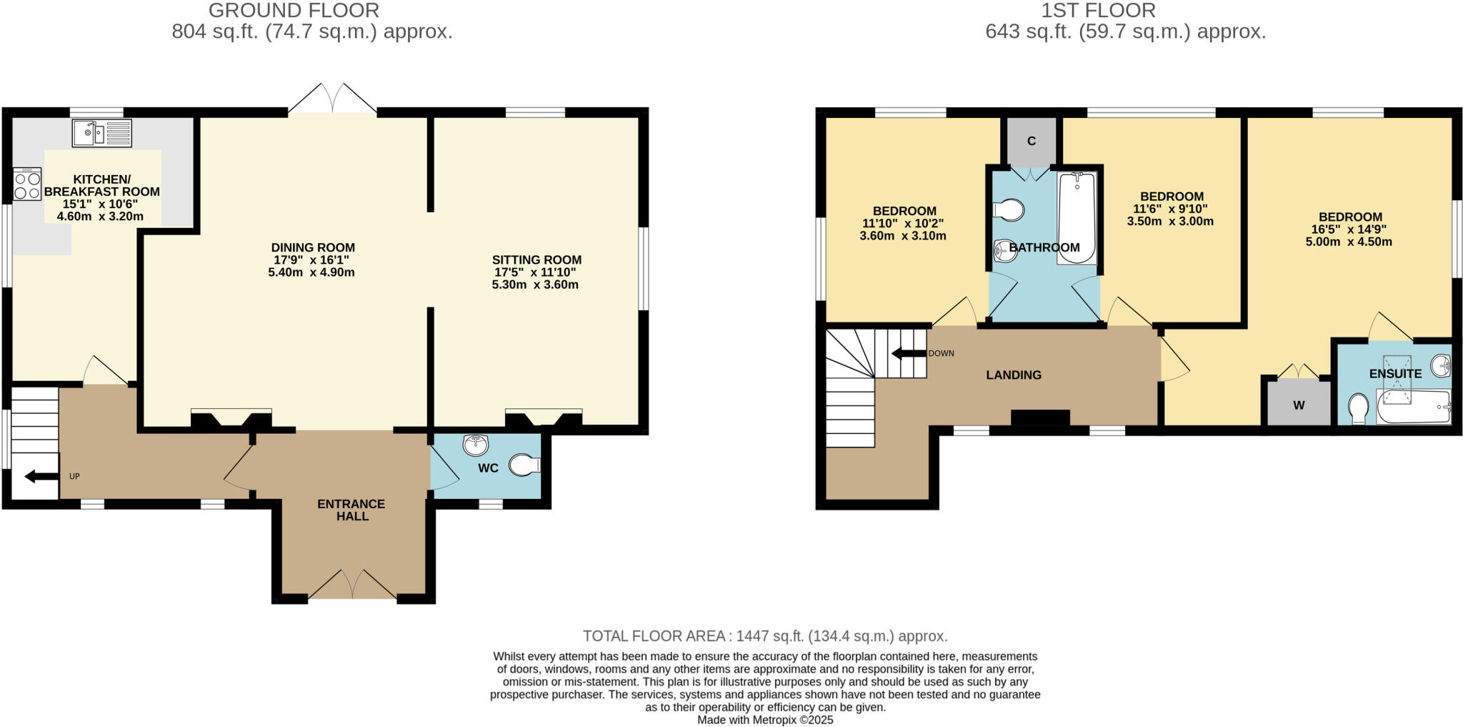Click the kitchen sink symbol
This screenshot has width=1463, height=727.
102,133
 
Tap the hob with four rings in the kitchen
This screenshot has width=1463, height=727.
27,184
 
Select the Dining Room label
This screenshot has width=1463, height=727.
313,247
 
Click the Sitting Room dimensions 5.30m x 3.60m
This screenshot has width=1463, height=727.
535,285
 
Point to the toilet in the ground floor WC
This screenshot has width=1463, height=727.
525,466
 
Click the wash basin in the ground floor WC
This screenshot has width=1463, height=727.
476,445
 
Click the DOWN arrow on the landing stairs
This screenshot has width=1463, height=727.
907,353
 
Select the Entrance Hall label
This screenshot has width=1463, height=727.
351,510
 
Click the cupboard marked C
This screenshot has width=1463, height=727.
1031,141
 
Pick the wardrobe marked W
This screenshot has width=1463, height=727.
1299,405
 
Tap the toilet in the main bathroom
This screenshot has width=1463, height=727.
1009,210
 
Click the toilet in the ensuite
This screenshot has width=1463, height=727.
1359,410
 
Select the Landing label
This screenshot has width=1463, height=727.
1014,375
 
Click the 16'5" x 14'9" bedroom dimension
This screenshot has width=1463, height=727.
1349,229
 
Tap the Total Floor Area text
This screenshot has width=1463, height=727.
765,635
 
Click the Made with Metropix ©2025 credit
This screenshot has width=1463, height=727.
765,720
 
